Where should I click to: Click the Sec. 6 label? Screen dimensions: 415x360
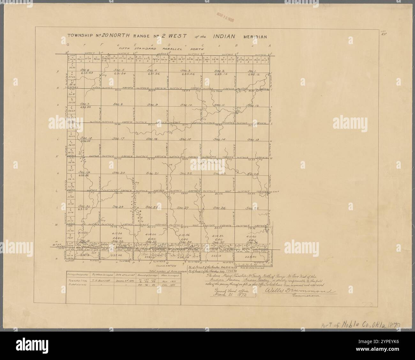85,70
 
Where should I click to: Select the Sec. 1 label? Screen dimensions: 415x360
252,71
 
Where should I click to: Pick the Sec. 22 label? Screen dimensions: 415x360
185,173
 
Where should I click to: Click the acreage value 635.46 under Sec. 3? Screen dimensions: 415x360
186,74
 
